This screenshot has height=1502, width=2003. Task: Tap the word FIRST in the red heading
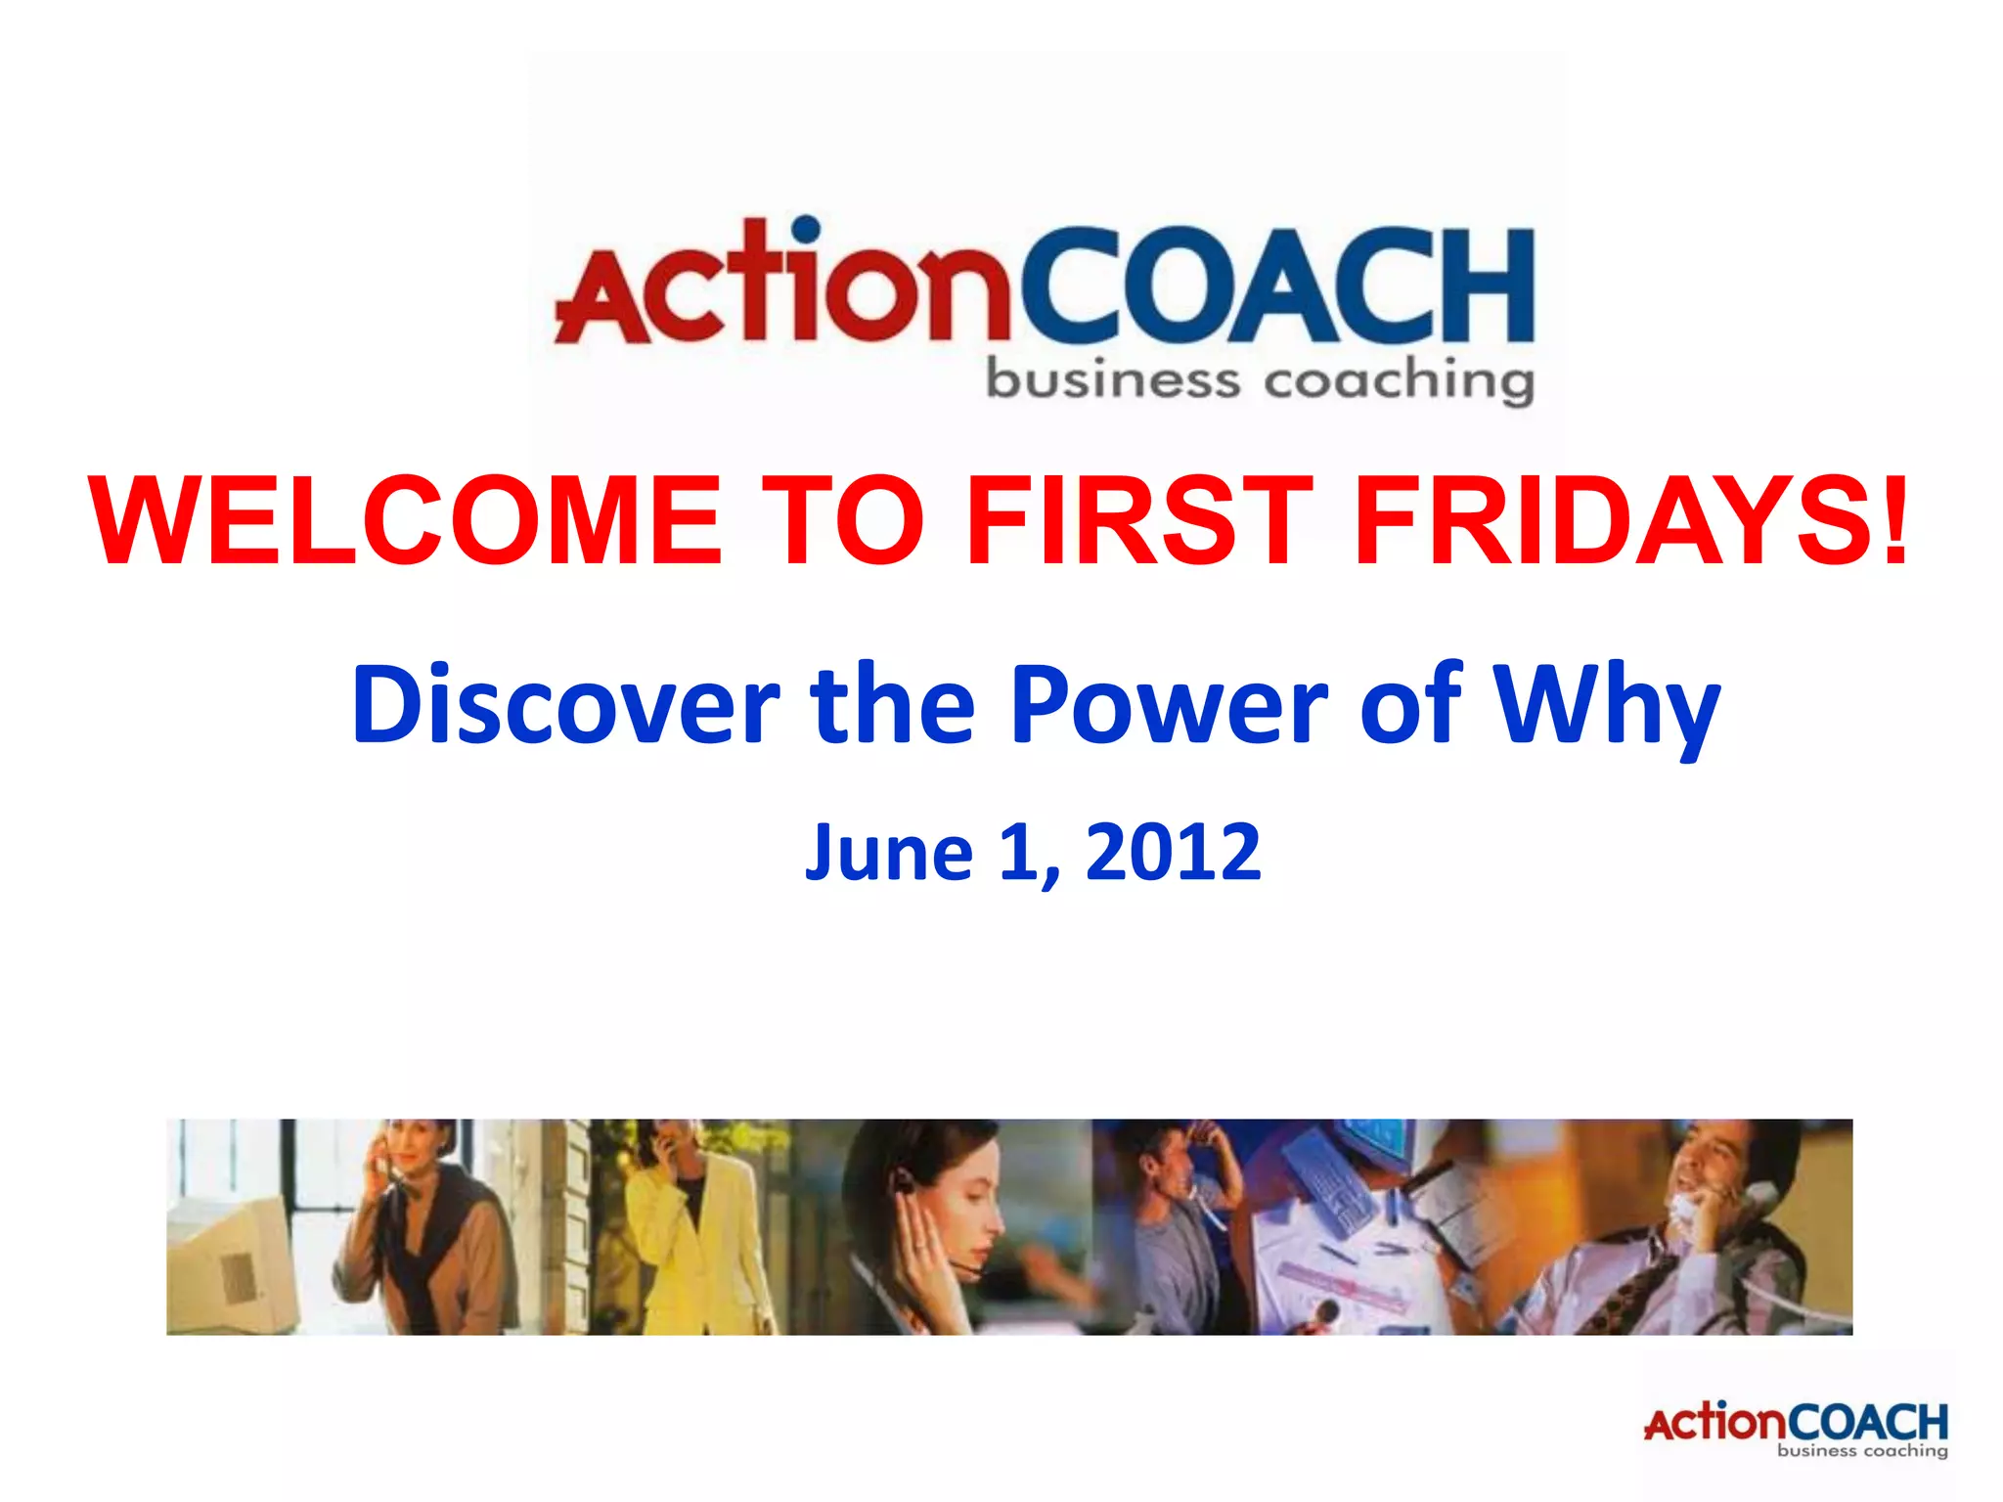1139,520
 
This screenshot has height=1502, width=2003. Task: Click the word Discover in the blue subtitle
565,704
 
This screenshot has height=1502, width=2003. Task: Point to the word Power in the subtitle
1169,704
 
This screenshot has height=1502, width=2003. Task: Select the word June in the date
888,853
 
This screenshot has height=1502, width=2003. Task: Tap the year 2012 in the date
1173,853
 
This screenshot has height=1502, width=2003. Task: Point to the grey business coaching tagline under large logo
1260,381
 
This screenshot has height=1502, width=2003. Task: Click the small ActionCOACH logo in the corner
1796,1429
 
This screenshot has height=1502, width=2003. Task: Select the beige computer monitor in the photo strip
235,1261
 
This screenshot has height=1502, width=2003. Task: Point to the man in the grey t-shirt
1183,1242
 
